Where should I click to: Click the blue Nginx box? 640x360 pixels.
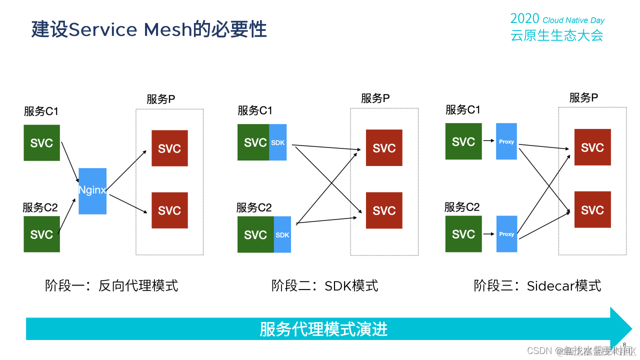coord(92,191)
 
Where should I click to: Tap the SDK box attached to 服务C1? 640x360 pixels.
coord(278,142)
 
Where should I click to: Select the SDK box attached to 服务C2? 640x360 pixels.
coord(282,234)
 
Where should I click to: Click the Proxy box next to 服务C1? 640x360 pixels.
coord(506,141)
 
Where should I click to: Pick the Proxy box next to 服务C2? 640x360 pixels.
coord(506,234)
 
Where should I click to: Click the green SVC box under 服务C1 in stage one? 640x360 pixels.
coord(41,143)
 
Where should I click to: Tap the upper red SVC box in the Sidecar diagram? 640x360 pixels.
coord(592,147)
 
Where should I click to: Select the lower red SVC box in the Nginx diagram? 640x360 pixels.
coord(169,210)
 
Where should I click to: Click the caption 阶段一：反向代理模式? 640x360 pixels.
coord(111,285)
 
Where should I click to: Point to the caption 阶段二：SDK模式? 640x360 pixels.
coord(325,285)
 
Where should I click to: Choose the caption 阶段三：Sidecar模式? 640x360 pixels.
coord(537,285)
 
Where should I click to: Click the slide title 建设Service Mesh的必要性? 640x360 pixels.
coord(149,29)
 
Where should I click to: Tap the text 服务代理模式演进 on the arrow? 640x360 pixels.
coord(323,329)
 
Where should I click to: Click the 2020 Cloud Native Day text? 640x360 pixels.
coord(557,19)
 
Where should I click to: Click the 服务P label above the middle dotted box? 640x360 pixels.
coord(375,98)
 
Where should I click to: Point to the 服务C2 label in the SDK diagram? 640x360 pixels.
coord(254,207)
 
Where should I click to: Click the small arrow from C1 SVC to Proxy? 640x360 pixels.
coord(488,141)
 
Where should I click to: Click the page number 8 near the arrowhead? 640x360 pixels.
coord(624,344)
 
